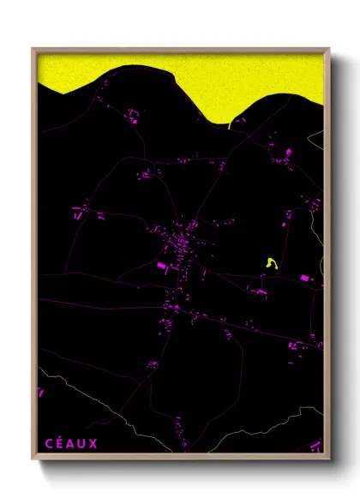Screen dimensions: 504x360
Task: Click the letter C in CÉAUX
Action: pyautogui.click(x=49, y=443)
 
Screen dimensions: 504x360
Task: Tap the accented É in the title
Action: pyautogui.click(x=59, y=442)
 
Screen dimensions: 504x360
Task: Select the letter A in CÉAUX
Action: pyautogui.click(x=70, y=443)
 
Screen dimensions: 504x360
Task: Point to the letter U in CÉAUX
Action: pyautogui.click(x=81, y=443)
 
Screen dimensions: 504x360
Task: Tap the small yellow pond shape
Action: pyautogui.click(x=272, y=265)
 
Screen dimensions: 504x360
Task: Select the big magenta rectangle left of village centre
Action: pyautogui.click(x=160, y=267)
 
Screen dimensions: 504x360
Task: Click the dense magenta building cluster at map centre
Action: pyautogui.click(x=183, y=244)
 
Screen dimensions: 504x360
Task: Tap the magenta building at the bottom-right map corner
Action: pyautogui.click(x=316, y=445)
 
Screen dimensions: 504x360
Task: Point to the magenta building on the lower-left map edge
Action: pyautogui.click(x=40, y=393)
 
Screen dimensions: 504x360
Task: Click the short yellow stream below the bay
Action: pyautogui.click(x=231, y=125)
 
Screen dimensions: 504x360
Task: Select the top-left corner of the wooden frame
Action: pyautogui.click(x=33, y=49)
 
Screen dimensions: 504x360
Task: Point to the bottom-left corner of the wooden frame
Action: pyautogui.click(x=33, y=459)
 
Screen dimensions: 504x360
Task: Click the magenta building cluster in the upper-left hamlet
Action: pyautogui.click(x=133, y=112)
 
